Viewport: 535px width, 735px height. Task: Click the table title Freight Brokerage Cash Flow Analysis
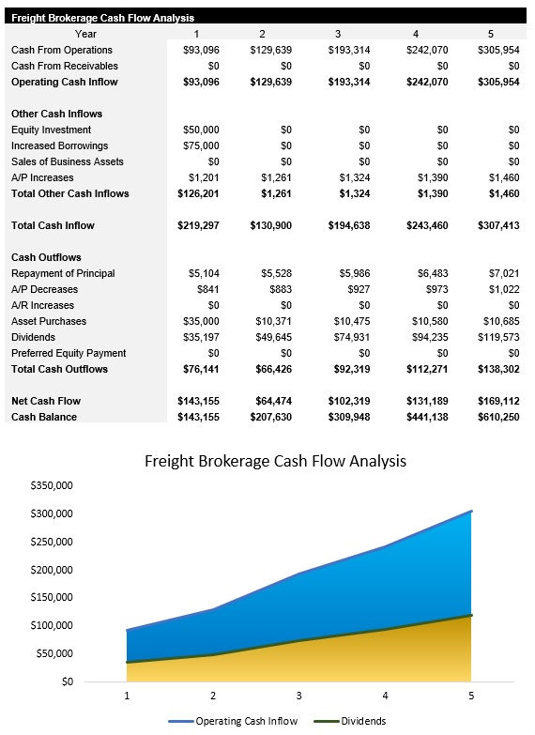103,18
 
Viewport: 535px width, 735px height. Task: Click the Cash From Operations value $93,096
201,50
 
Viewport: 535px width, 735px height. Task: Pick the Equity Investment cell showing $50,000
201,130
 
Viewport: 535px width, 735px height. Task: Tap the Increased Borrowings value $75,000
201,145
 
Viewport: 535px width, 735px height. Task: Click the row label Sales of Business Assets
68,161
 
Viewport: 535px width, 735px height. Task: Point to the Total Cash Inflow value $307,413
497,225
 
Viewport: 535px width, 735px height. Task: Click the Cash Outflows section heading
46,257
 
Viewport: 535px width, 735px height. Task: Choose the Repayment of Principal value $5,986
352,273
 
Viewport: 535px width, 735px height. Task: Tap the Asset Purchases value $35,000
201,321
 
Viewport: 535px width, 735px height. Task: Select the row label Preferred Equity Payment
69,353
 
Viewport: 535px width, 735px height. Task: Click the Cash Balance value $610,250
497,417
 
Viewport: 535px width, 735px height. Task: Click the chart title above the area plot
275,461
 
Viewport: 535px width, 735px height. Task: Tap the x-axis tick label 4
386,696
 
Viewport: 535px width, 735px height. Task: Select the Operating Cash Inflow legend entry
246,721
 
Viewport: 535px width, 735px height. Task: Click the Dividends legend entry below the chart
363,721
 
